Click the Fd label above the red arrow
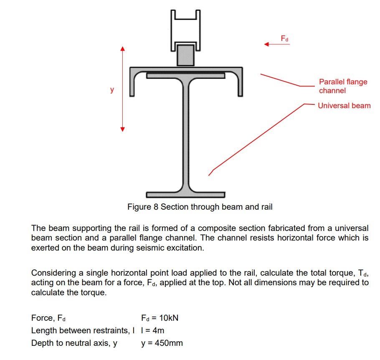click(x=284, y=38)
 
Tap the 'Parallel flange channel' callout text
click(x=343, y=86)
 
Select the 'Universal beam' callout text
click(x=344, y=106)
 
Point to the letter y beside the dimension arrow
click(x=111, y=89)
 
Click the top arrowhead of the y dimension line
click(x=123, y=49)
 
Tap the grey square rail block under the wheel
click(x=185, y=55)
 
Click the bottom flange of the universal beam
click(x=185, y=195)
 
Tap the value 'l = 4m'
click(x=152, y=330)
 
